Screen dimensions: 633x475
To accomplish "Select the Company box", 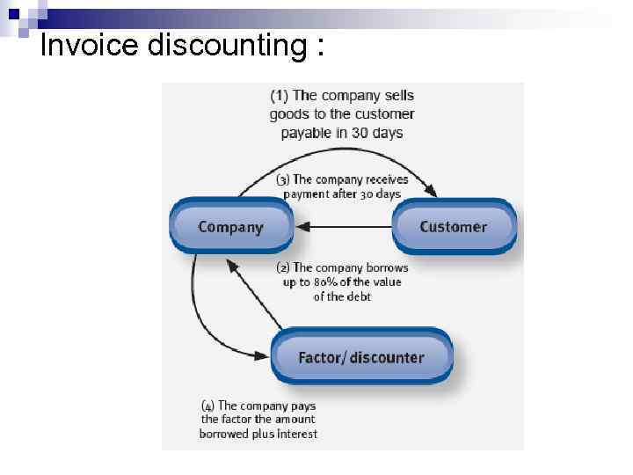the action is pyautogui.click(x=231, y=227).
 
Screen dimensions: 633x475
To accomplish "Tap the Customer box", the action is pyautogui.click(x=453, y=227).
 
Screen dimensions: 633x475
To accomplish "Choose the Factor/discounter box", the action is pyautogui.click(x=360, y=357).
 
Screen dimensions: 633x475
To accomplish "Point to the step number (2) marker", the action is pyautogui.click(x=282, y=267).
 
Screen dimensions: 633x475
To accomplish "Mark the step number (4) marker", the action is pyautogui.click(x=207, y=406).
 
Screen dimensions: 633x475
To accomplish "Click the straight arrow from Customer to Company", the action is pyautogui.click(x=343, y=227).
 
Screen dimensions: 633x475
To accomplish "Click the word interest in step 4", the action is pyautogui.click(x=296, y=434).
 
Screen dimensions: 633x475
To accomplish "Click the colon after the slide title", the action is pyautogui.click(x=316, y=46).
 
